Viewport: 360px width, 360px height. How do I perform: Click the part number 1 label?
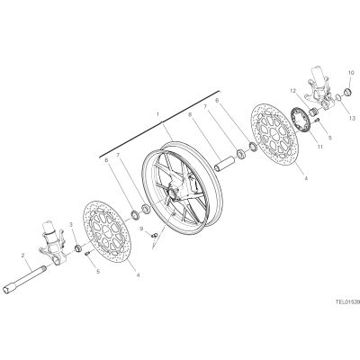[x=157, y=114]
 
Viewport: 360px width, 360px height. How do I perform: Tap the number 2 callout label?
[x=22, y=256]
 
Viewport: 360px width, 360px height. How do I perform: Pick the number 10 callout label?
[x=351, y=73]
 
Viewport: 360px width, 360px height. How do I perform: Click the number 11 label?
[x=319, y=147]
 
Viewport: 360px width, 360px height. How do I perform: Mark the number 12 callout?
[x=293, y=91]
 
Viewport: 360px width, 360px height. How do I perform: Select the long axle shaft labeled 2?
[x=25, y=278]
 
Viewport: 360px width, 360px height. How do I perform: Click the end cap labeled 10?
[x=348, y=91]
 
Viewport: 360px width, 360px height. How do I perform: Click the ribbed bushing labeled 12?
[x=314, y=112]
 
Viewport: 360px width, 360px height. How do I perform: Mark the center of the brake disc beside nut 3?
[x=105, y=230]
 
